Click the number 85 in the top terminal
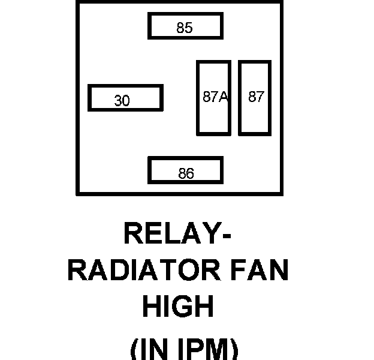click(185, 28)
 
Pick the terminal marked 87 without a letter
click(256, 97)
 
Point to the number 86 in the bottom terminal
click(186, 173)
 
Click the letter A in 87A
click(223, 97)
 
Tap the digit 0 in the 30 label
click(126, 101)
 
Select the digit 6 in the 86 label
click(190, 173)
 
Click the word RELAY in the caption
click(170, 233)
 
